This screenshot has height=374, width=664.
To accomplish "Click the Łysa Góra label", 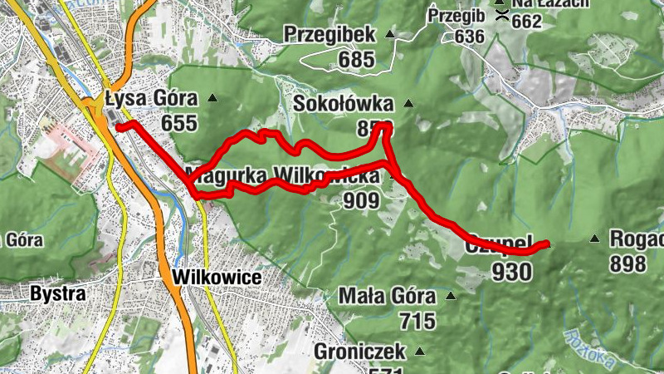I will pos(151,100).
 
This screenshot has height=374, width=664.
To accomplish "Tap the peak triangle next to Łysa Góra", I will pos(212,99).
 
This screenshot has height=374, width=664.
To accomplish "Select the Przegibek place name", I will pos(330,35).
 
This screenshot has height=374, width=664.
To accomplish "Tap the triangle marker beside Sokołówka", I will pos(408,104).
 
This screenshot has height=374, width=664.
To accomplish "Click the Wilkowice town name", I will pos(217,278).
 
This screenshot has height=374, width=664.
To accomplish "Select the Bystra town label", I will pos(58,293).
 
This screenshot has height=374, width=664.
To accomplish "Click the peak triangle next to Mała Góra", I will pos(452,296).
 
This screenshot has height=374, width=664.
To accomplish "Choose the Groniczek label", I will pos(359,352).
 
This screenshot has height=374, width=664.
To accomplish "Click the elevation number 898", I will pos(627,264).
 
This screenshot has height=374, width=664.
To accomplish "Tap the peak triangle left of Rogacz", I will pos(594,239).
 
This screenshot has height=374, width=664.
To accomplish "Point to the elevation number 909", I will pos(359,200).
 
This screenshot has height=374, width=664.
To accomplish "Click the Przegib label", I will pos(456,15).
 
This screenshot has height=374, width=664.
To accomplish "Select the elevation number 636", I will pos(469,37).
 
